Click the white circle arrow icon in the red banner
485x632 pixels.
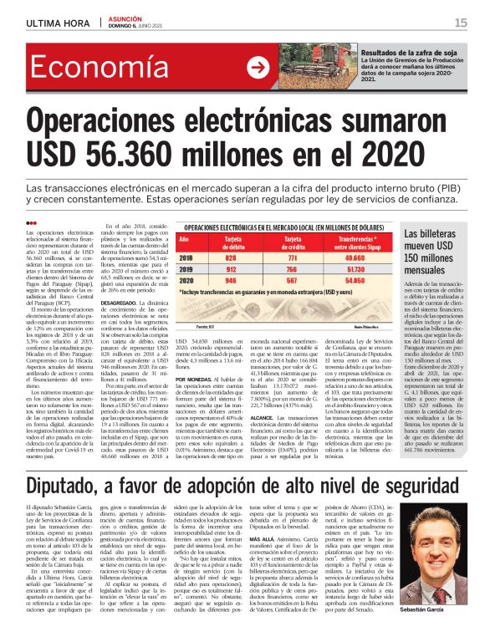(260, 68)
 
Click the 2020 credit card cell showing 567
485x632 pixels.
(293, 282)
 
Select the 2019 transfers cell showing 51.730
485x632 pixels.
(359, 271)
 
